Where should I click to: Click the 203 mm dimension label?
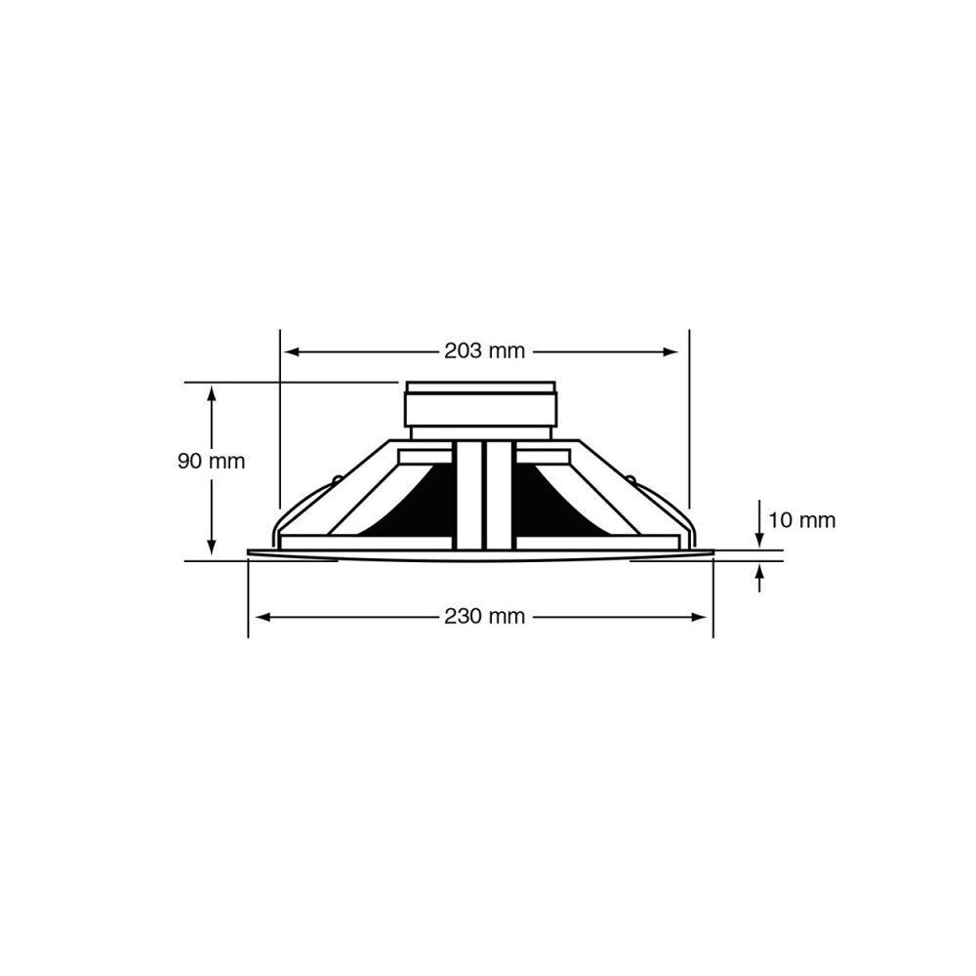click(484, 351)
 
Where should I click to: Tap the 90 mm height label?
click(211, 462)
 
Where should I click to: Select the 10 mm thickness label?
click(801, 520)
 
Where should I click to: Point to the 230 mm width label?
click(484, 616)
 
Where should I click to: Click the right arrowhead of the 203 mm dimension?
click(671, 351)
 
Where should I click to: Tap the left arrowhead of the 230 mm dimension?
click(263, 617)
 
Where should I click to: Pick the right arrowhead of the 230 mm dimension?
click(699, 617)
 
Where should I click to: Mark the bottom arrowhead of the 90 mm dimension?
click(212, 546)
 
